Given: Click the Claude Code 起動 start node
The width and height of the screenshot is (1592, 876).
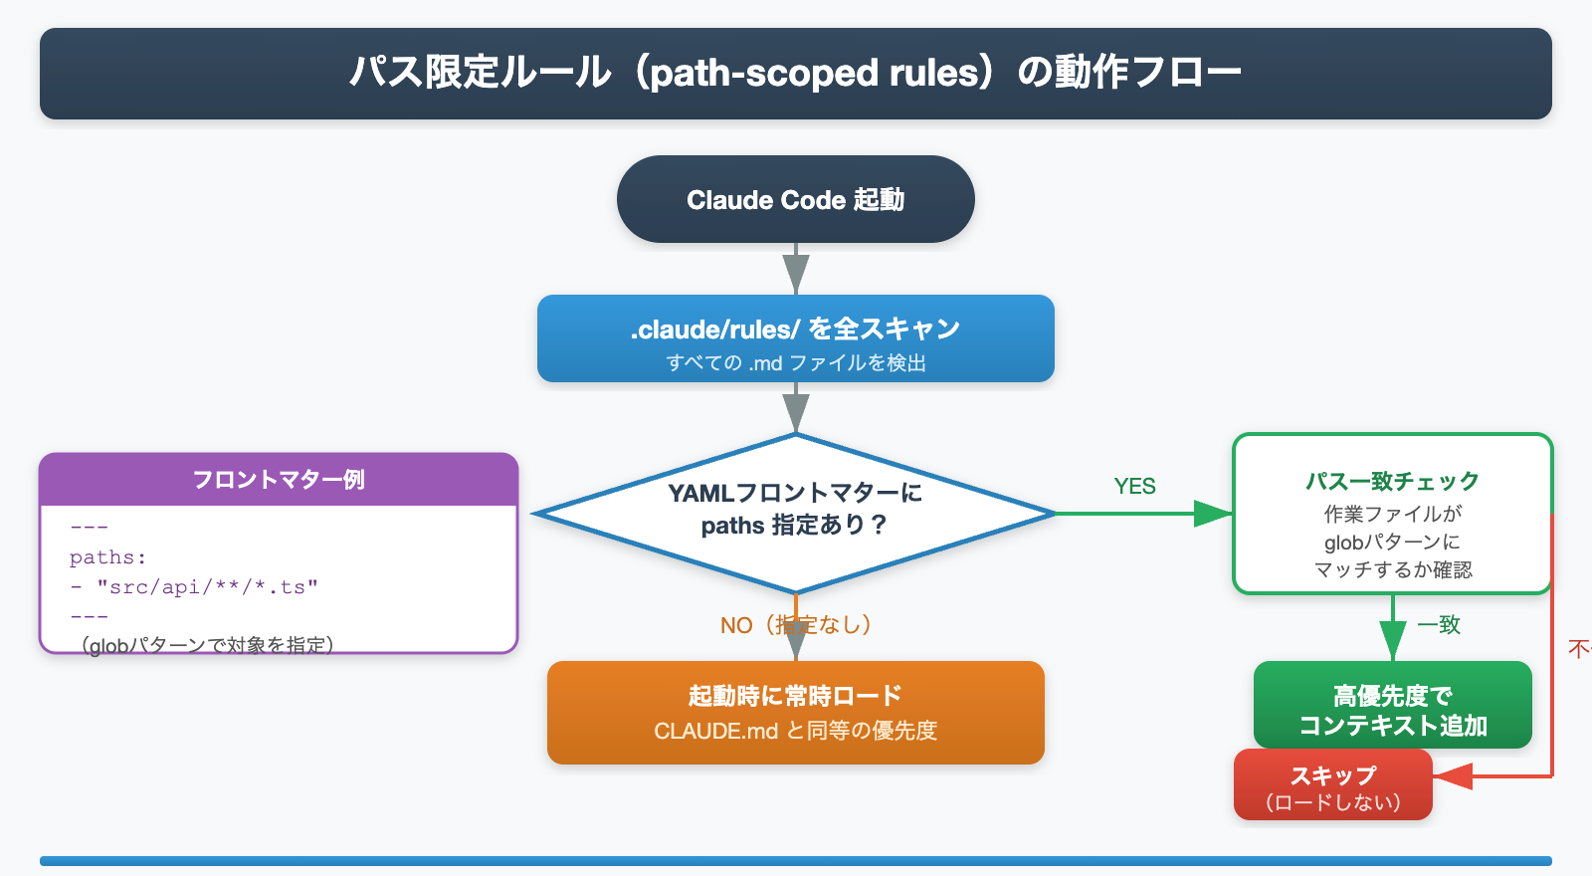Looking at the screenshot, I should click(795, 199).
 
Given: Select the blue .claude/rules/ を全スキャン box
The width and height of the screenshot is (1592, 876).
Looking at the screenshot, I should click(795, 337).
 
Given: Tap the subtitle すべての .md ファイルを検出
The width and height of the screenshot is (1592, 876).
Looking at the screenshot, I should click(795, 363).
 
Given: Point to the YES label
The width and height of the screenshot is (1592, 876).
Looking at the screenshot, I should click(1134, 486).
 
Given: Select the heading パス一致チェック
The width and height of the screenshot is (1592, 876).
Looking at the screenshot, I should click(1392, 481).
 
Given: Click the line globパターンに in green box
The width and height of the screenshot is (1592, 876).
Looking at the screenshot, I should click(1392, 543).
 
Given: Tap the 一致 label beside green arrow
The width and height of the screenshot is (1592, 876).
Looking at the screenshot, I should click(1439, 624).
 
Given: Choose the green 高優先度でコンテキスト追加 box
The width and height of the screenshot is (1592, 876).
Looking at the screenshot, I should click(1392, 706).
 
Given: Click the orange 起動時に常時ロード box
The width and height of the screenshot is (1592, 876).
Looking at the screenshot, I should click(795, 712).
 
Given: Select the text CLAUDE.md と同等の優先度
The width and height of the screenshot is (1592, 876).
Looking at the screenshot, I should click(795, 731).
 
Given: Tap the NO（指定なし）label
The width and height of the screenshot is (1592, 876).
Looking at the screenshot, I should click(795, 625).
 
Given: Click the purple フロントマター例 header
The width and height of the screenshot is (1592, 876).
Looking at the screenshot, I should click(279, 480).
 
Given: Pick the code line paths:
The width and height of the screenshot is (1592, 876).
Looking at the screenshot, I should click(107, 557).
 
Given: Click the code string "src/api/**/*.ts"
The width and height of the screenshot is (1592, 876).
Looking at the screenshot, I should click(207, 587).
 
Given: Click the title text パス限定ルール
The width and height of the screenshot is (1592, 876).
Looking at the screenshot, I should click(480, 73).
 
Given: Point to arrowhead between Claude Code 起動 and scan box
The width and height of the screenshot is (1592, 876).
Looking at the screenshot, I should click(795, 273).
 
